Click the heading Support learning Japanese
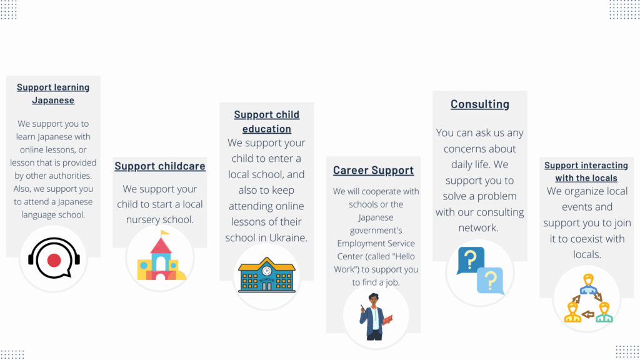(x=53, y=94)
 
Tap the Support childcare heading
(x=160, y=166)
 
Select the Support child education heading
(x=266, y=122)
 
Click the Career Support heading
(x=374, y=170)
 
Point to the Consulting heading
(x=480, y=104)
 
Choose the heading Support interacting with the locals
(x=586, y=171)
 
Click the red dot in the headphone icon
(x=54, y=260)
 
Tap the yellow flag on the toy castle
(x=165, y=233)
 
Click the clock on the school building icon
(x=266, y=270)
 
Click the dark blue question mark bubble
(x=471, y=260)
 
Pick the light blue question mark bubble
(x=491, y=281)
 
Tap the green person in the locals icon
(x=604, y=312)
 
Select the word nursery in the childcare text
(x=142, y=220)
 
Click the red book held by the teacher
(x=387, y=319)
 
